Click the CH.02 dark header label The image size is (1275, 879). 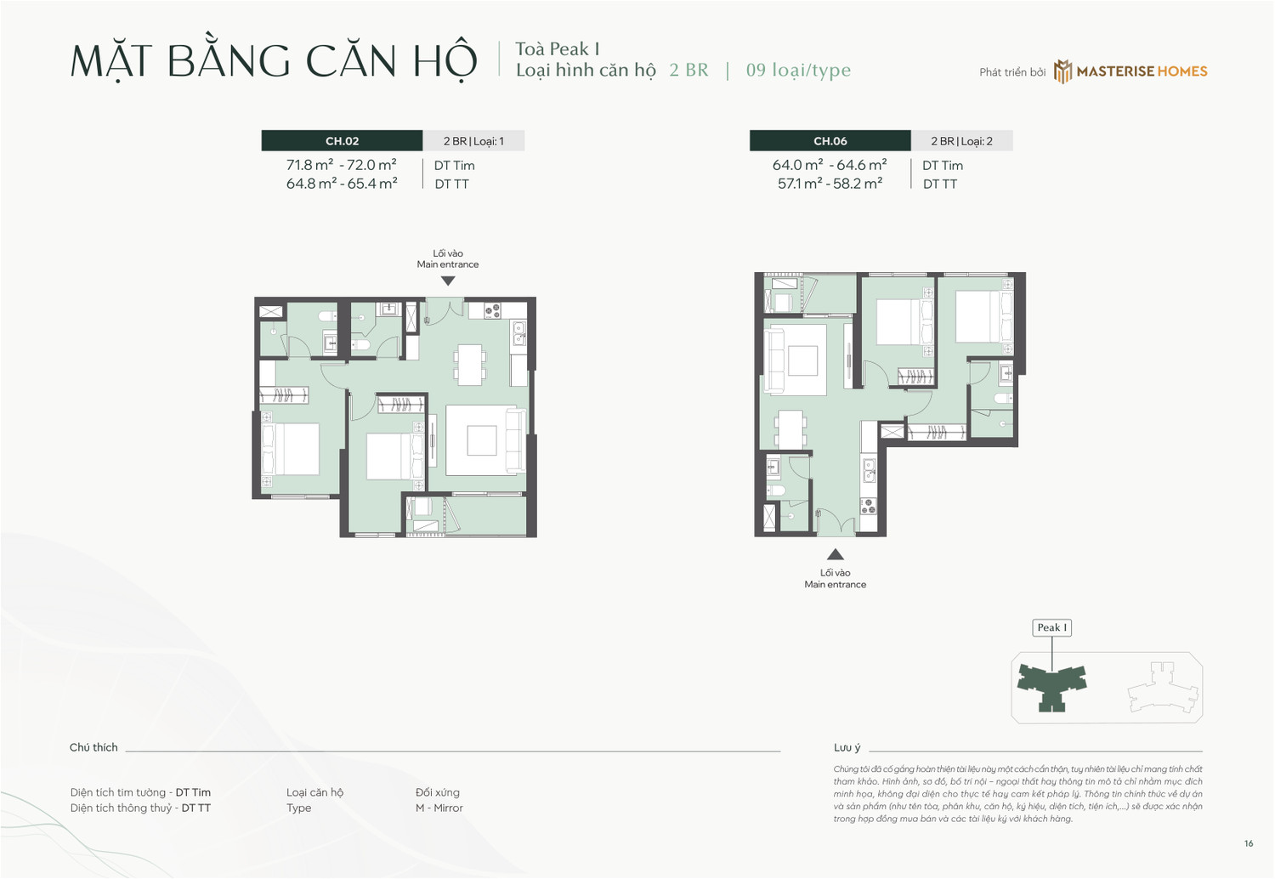pyautogui.click(x=342, y=141)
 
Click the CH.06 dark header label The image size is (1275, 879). pyautogui.click(x=830, y=141)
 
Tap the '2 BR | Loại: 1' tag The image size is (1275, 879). pyautogui.click(x=473, y=141)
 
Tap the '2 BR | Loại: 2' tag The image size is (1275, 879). pyautogui.click(x=961, y=141)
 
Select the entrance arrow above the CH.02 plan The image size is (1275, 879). pyautogui.click(x=448, y=281)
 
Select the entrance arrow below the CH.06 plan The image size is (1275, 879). pyautogui.click(x=836, y=554)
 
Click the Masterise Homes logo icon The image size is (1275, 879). pyautogui.click(x=1062, y=71)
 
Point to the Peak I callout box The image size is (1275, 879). pyautogui.click(x=1051, y=627)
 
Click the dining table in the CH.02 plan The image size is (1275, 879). pyautogui.click(x=469, y=364)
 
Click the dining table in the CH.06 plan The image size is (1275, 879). pyautogui.click(x=790, y=428)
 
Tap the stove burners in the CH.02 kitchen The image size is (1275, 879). pyautogui.click(x=493, y=311)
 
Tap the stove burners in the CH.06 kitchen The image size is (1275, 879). pyautogui.click(x=868, y=506)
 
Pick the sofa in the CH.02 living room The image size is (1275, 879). pyautogui.click(x=514, y=439)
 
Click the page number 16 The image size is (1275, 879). pyautogui.click(x=1248, y=843)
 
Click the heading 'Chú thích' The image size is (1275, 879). pyautogui.click(x=93, y=747)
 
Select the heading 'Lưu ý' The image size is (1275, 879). pyautogui.click(x=847, y=747)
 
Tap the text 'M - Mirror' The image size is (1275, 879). pyautogui.click(x=439, y=808)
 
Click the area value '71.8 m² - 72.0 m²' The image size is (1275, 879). pyautogui.click(x=341, y=165)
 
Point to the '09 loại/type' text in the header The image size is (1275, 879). pyautogui.click(x=798, y=71)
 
